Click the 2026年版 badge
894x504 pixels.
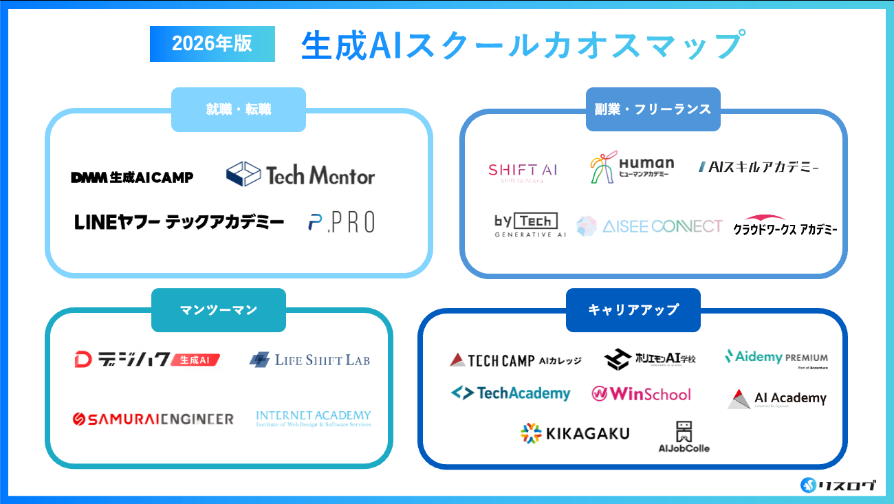pyautogui.click(x=212, y=44)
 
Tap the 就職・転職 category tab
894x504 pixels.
pyautogui.click(x=238, y=109)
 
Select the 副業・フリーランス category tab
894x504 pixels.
pyautogui.click(x=653, y=109)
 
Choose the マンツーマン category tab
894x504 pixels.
pyautogui.click(x=218, y=310)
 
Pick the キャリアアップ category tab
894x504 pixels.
pyautogui.click(x=633, y=310)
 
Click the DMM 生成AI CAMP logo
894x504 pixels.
pyautogui.click(x=132, y=177)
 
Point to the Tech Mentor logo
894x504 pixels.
pyautogui.click(x=301, y=175)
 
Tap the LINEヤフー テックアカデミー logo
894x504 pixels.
pyautogui.click(x=179, y=222)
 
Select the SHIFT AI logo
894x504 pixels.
pyautogui.click(x=523, y=171)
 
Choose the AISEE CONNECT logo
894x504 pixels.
pyautogui.click(x=649, y=226)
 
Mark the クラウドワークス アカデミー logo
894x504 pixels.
pyautogui.click(x=785, y=226)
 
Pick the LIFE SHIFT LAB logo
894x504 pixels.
pyautogui.click(x=309, y=360)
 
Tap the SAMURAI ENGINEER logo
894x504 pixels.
pyautogui.click(x=153, y=419)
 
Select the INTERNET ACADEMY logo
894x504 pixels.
pyautogui.click(x=313, y=419)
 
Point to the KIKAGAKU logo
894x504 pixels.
pyautogui.click(x=575, y=433)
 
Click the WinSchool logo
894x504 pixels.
pyautogui.click(x=641, y=394)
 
